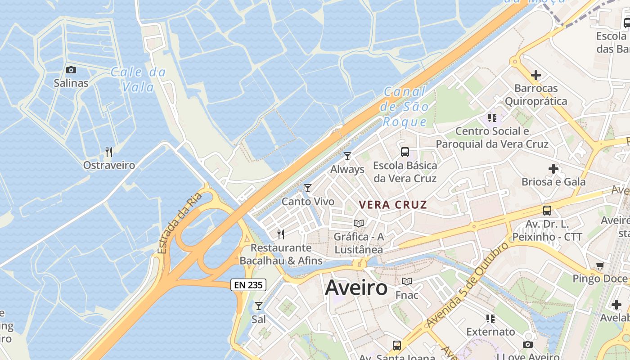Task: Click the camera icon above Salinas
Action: (71, 70)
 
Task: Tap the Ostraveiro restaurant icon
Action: (108, 152)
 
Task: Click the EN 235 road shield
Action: (248, 284)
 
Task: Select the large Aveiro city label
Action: (356, 287)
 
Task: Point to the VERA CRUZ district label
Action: (393, 204)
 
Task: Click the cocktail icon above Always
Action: (347, 156)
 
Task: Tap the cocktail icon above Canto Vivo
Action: (308, 188)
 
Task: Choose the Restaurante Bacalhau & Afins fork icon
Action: (281, 234)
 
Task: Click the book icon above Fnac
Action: (407, 282)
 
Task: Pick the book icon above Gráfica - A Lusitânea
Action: (359, 223)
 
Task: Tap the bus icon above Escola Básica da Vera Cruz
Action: (405, 152)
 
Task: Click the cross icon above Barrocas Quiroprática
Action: (535, 75)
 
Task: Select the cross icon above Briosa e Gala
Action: (553, 169)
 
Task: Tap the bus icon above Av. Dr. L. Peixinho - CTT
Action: (547, 210)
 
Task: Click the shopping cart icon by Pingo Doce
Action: (600, 266)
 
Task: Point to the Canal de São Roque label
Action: (404, 107)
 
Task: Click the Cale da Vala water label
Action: (138, 79)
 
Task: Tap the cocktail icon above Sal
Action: (259, 306)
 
